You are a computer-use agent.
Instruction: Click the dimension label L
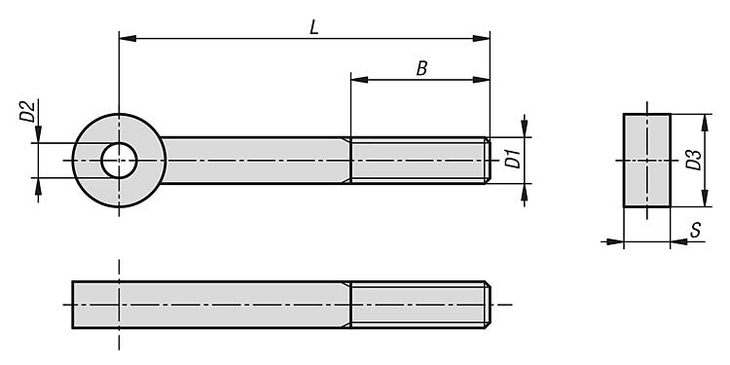[314, 28]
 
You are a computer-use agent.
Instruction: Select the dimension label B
[421, 69]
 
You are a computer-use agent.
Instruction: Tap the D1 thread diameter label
[513, 160]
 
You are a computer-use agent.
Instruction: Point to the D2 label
[27, 112]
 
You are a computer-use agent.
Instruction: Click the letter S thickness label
[695, 230]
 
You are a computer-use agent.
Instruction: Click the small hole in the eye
[119, 161]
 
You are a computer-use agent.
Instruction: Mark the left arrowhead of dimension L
[128, 38]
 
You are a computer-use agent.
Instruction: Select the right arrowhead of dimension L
[482, 38]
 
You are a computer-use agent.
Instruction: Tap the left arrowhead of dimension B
[359, 80]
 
